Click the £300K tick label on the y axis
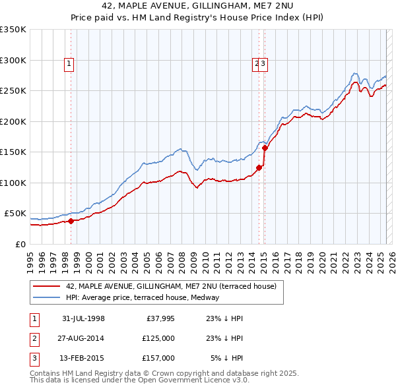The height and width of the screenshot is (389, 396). point(13,60)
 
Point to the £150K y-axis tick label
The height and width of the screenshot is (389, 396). point(13,152)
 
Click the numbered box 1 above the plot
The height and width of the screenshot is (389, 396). point(69,64)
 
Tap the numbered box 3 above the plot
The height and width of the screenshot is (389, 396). point(263,64)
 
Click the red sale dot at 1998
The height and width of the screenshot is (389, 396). point(71,221)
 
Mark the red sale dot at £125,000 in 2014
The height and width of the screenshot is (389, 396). point(259,167)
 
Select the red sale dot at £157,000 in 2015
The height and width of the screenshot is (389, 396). point(265,148)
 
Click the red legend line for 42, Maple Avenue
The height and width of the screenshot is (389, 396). point(46,286)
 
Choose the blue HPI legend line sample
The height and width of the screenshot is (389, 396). point(46,297)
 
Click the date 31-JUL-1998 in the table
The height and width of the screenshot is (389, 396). point(84,318)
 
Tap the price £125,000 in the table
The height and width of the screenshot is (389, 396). point(159,338)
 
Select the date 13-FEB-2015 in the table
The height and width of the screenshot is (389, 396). point(84,358)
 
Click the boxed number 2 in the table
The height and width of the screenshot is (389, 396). point(33,338)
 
